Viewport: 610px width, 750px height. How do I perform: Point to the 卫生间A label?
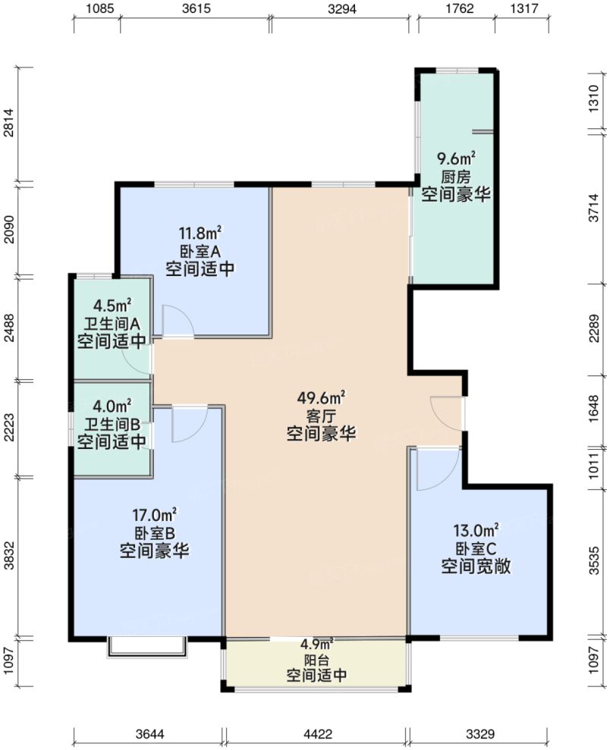coord(112,323)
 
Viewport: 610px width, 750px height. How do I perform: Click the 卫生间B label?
coord(112,424)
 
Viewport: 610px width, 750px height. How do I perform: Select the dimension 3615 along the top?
coord(195,9)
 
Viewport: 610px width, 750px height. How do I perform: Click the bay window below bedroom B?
coord(147,647)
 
